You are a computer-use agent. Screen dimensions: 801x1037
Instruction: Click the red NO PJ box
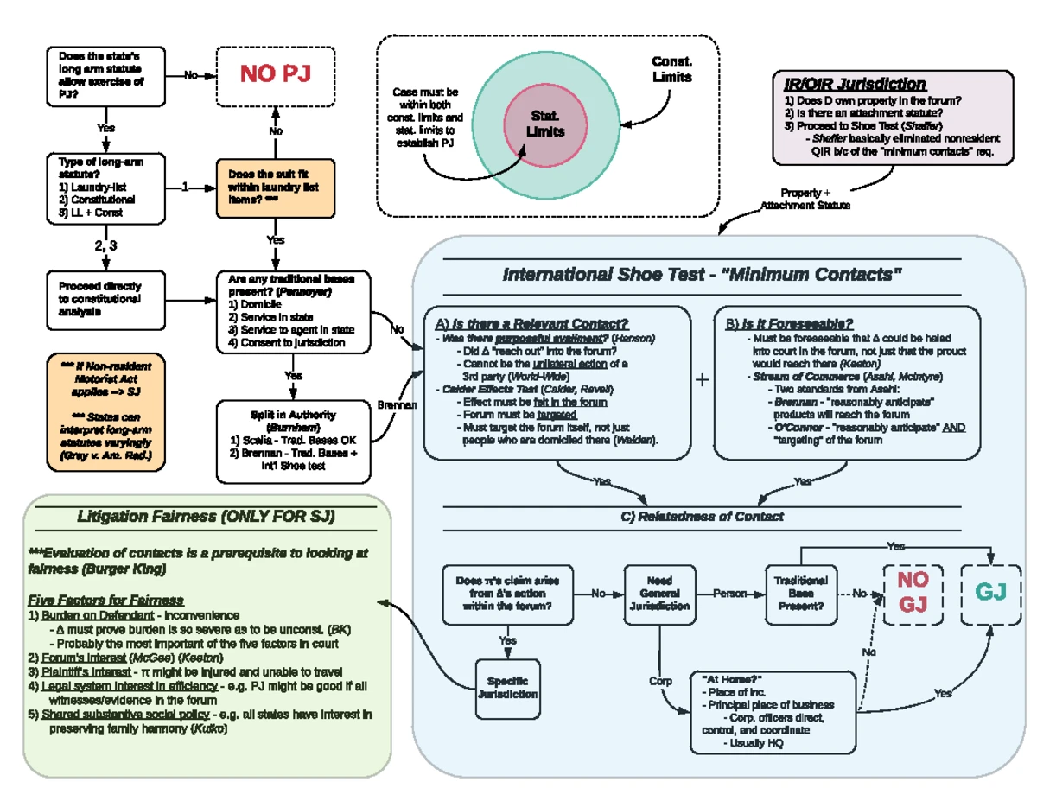[275, 75]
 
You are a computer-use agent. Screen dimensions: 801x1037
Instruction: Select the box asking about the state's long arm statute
[105, 75]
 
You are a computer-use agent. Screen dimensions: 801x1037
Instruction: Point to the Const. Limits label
[671, 70]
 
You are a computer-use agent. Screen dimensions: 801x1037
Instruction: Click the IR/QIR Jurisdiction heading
[854, 84]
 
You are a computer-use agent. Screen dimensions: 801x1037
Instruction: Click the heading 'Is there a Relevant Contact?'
[531, 324]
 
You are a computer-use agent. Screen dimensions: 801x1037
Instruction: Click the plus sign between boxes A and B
[703, 379]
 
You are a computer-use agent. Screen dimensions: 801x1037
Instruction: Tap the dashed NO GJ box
[912, 593]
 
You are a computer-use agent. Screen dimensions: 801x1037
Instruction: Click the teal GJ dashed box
[989, 593]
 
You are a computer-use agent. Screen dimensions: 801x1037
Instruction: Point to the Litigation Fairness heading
[206, 516]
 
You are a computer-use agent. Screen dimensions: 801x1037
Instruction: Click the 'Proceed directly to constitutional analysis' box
[105, 299]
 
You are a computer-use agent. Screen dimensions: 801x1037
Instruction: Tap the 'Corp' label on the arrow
[659, 682]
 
